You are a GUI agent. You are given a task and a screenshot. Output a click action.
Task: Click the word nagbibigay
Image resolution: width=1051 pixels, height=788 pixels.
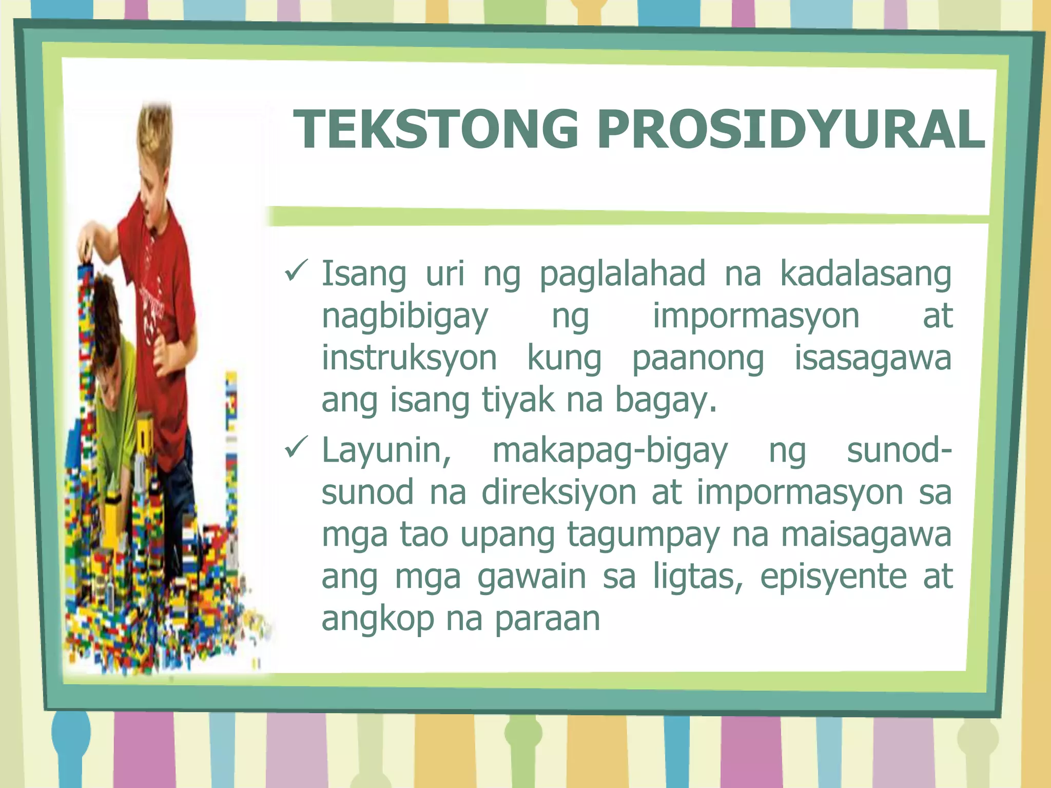pyautogui.click(x=405, y=317)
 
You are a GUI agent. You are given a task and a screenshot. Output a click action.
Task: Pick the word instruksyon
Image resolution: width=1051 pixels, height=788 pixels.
pyautogui.click(x=409, y=358)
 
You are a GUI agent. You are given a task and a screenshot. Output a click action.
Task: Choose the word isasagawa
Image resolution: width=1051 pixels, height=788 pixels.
pyautogui.click(x=873, y=358)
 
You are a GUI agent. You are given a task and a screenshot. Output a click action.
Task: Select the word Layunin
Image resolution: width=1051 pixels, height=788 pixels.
pyautogui.click(x=386, y=450)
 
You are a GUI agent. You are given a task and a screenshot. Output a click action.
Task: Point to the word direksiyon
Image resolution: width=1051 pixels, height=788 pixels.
pyautogui.click(x=558, y=493)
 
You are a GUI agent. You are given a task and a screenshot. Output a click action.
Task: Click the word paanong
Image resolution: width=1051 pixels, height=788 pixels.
pyautogui.click(x=697, y=359)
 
